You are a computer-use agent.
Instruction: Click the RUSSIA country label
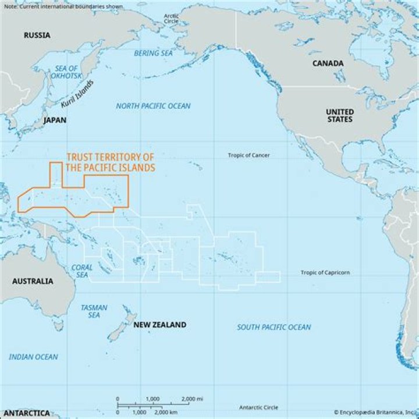[x=37, y=35]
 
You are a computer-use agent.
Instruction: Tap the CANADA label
[x=328, y=63]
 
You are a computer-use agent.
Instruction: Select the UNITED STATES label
[x=339, y=115]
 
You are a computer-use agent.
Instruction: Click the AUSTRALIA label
[x=33, y=281]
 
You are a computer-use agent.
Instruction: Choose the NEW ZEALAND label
[x=159, y=325]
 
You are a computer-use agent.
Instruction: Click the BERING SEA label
[x=154, y=53]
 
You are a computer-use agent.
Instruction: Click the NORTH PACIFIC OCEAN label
[x=153, y=106]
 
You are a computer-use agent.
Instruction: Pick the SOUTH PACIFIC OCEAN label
[x=274, y=327]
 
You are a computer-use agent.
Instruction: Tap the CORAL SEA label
[x=82, y=271]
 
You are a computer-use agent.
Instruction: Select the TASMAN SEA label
[x=90, y=311]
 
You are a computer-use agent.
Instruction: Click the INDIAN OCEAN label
[x=33, y=357]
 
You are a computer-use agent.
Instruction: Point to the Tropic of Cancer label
[x=248, y=155]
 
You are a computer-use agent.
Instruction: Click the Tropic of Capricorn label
[x=325, y=272]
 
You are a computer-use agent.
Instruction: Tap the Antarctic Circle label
[x=258, y=407]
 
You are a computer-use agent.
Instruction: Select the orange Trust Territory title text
[x=111, y=162]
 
